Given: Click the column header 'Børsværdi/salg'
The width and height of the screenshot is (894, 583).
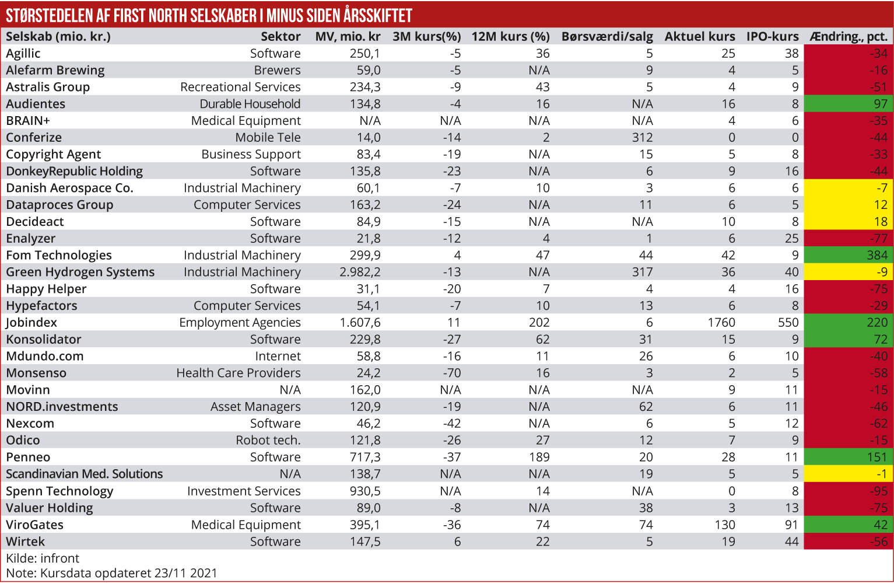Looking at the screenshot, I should click(x=606, y=37).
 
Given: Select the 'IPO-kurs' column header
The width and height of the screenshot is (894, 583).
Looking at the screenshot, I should click(x=772, y=37).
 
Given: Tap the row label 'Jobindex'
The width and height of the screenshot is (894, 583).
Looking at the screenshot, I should click(x=31, y=323).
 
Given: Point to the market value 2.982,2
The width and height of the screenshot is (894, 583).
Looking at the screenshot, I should click(x=360, y=273).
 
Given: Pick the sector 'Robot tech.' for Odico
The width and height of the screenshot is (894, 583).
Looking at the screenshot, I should click(x=268, y=441).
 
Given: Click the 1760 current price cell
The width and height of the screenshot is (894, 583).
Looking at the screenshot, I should click(x=721, y=323).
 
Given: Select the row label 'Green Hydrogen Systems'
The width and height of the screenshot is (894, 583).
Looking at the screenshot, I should click(x=80, y=273).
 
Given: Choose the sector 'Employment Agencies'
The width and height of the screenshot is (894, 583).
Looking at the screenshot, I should click(x=240, y=323).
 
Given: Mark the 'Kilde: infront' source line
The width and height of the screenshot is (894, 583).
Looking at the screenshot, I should click(x=43, y=558).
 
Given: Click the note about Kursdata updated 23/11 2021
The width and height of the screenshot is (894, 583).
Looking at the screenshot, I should click(x=111, y=573).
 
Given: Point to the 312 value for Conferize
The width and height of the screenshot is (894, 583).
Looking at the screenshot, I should click(x=642, y=138).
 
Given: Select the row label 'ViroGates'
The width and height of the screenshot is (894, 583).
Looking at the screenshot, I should click(x=34, y=525).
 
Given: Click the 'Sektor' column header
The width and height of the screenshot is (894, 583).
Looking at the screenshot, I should click(x=281, y=37).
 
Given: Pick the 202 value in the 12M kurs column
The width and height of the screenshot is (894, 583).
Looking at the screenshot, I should click(x=539, y=323).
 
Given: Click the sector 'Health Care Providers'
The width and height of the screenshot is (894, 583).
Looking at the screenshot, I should click(x=239, y=373).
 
